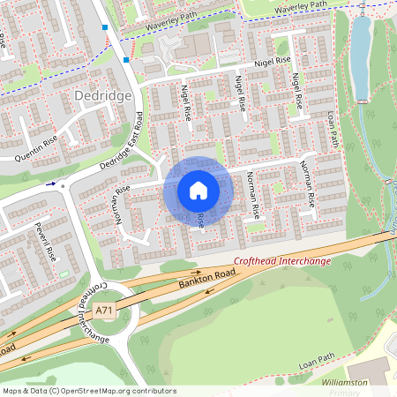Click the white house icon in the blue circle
(x=198, y=191)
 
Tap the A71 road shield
(x=104, y=311)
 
